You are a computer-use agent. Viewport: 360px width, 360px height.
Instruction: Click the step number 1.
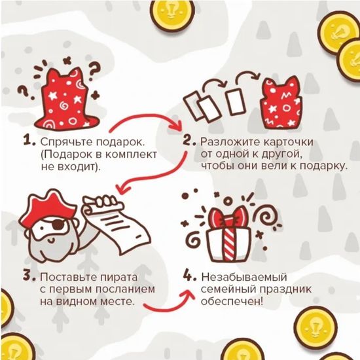click(27, 141)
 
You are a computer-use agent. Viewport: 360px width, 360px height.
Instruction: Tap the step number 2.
click(189, 141)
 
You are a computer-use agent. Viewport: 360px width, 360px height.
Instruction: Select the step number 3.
click(27, 276)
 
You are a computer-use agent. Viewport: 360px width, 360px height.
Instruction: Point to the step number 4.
click(189, 276)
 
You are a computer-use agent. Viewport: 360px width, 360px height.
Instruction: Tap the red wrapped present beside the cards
click(282, 101)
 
